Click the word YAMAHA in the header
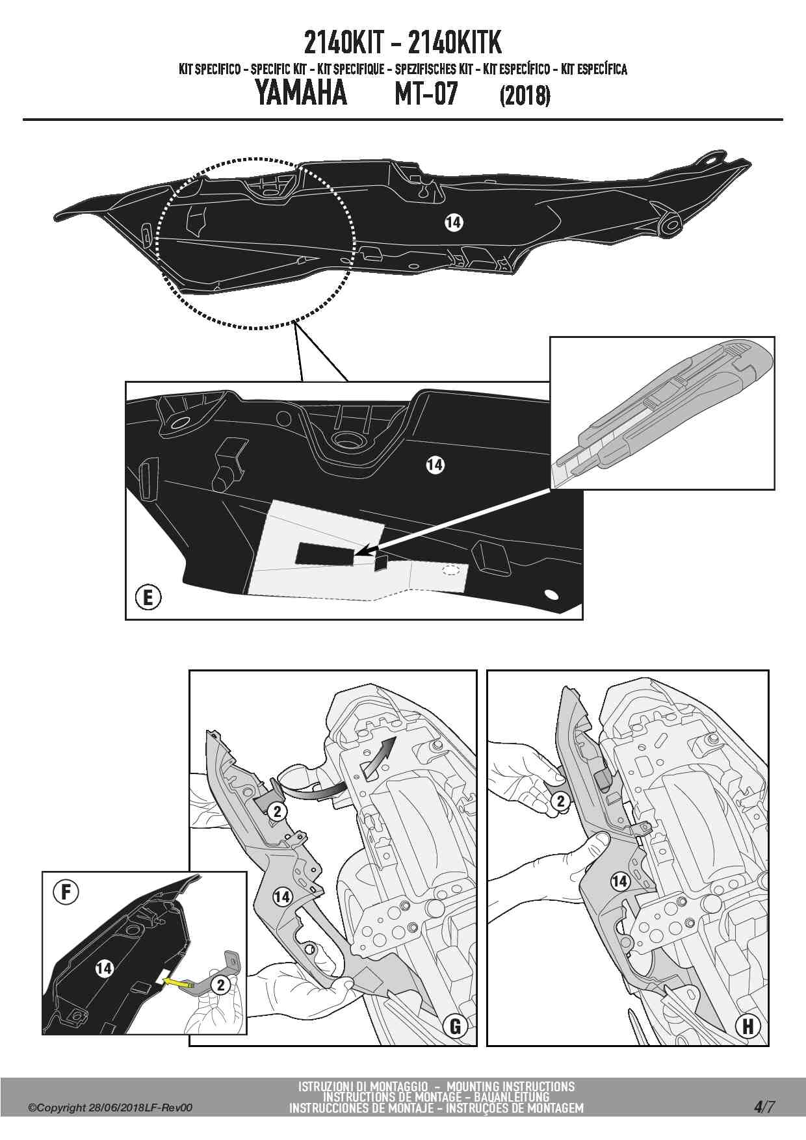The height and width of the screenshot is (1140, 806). coord(300,94)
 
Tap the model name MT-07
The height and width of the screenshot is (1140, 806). coord(426,94)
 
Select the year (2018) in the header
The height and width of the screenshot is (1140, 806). coord(525,96)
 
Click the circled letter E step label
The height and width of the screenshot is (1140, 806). coord(148,597)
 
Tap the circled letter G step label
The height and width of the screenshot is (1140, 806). coord(455,1026)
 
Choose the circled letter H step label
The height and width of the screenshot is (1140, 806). coord(747,1026)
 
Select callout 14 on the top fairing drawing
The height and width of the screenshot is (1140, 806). coord(453,223)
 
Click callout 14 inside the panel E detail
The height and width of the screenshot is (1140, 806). coord(435,465)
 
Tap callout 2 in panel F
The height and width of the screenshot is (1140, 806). coord(220,985)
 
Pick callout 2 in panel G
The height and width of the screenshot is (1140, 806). coord(278,811)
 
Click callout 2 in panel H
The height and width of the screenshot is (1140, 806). coord(561,801)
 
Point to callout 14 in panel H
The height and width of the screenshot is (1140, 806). coord(619,881)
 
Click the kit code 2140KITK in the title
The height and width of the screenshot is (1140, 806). coord(455,44)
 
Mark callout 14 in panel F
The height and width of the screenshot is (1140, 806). coord(104,968)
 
